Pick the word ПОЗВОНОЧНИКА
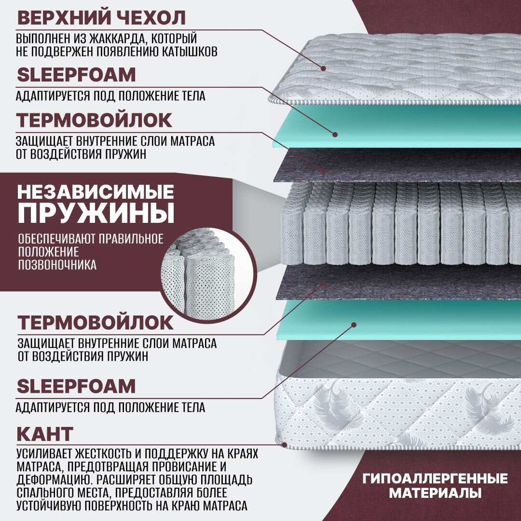(57, 264)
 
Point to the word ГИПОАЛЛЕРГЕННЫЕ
(435, 479)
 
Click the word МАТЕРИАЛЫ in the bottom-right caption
(435, 494)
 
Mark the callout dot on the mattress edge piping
(284, 444)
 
